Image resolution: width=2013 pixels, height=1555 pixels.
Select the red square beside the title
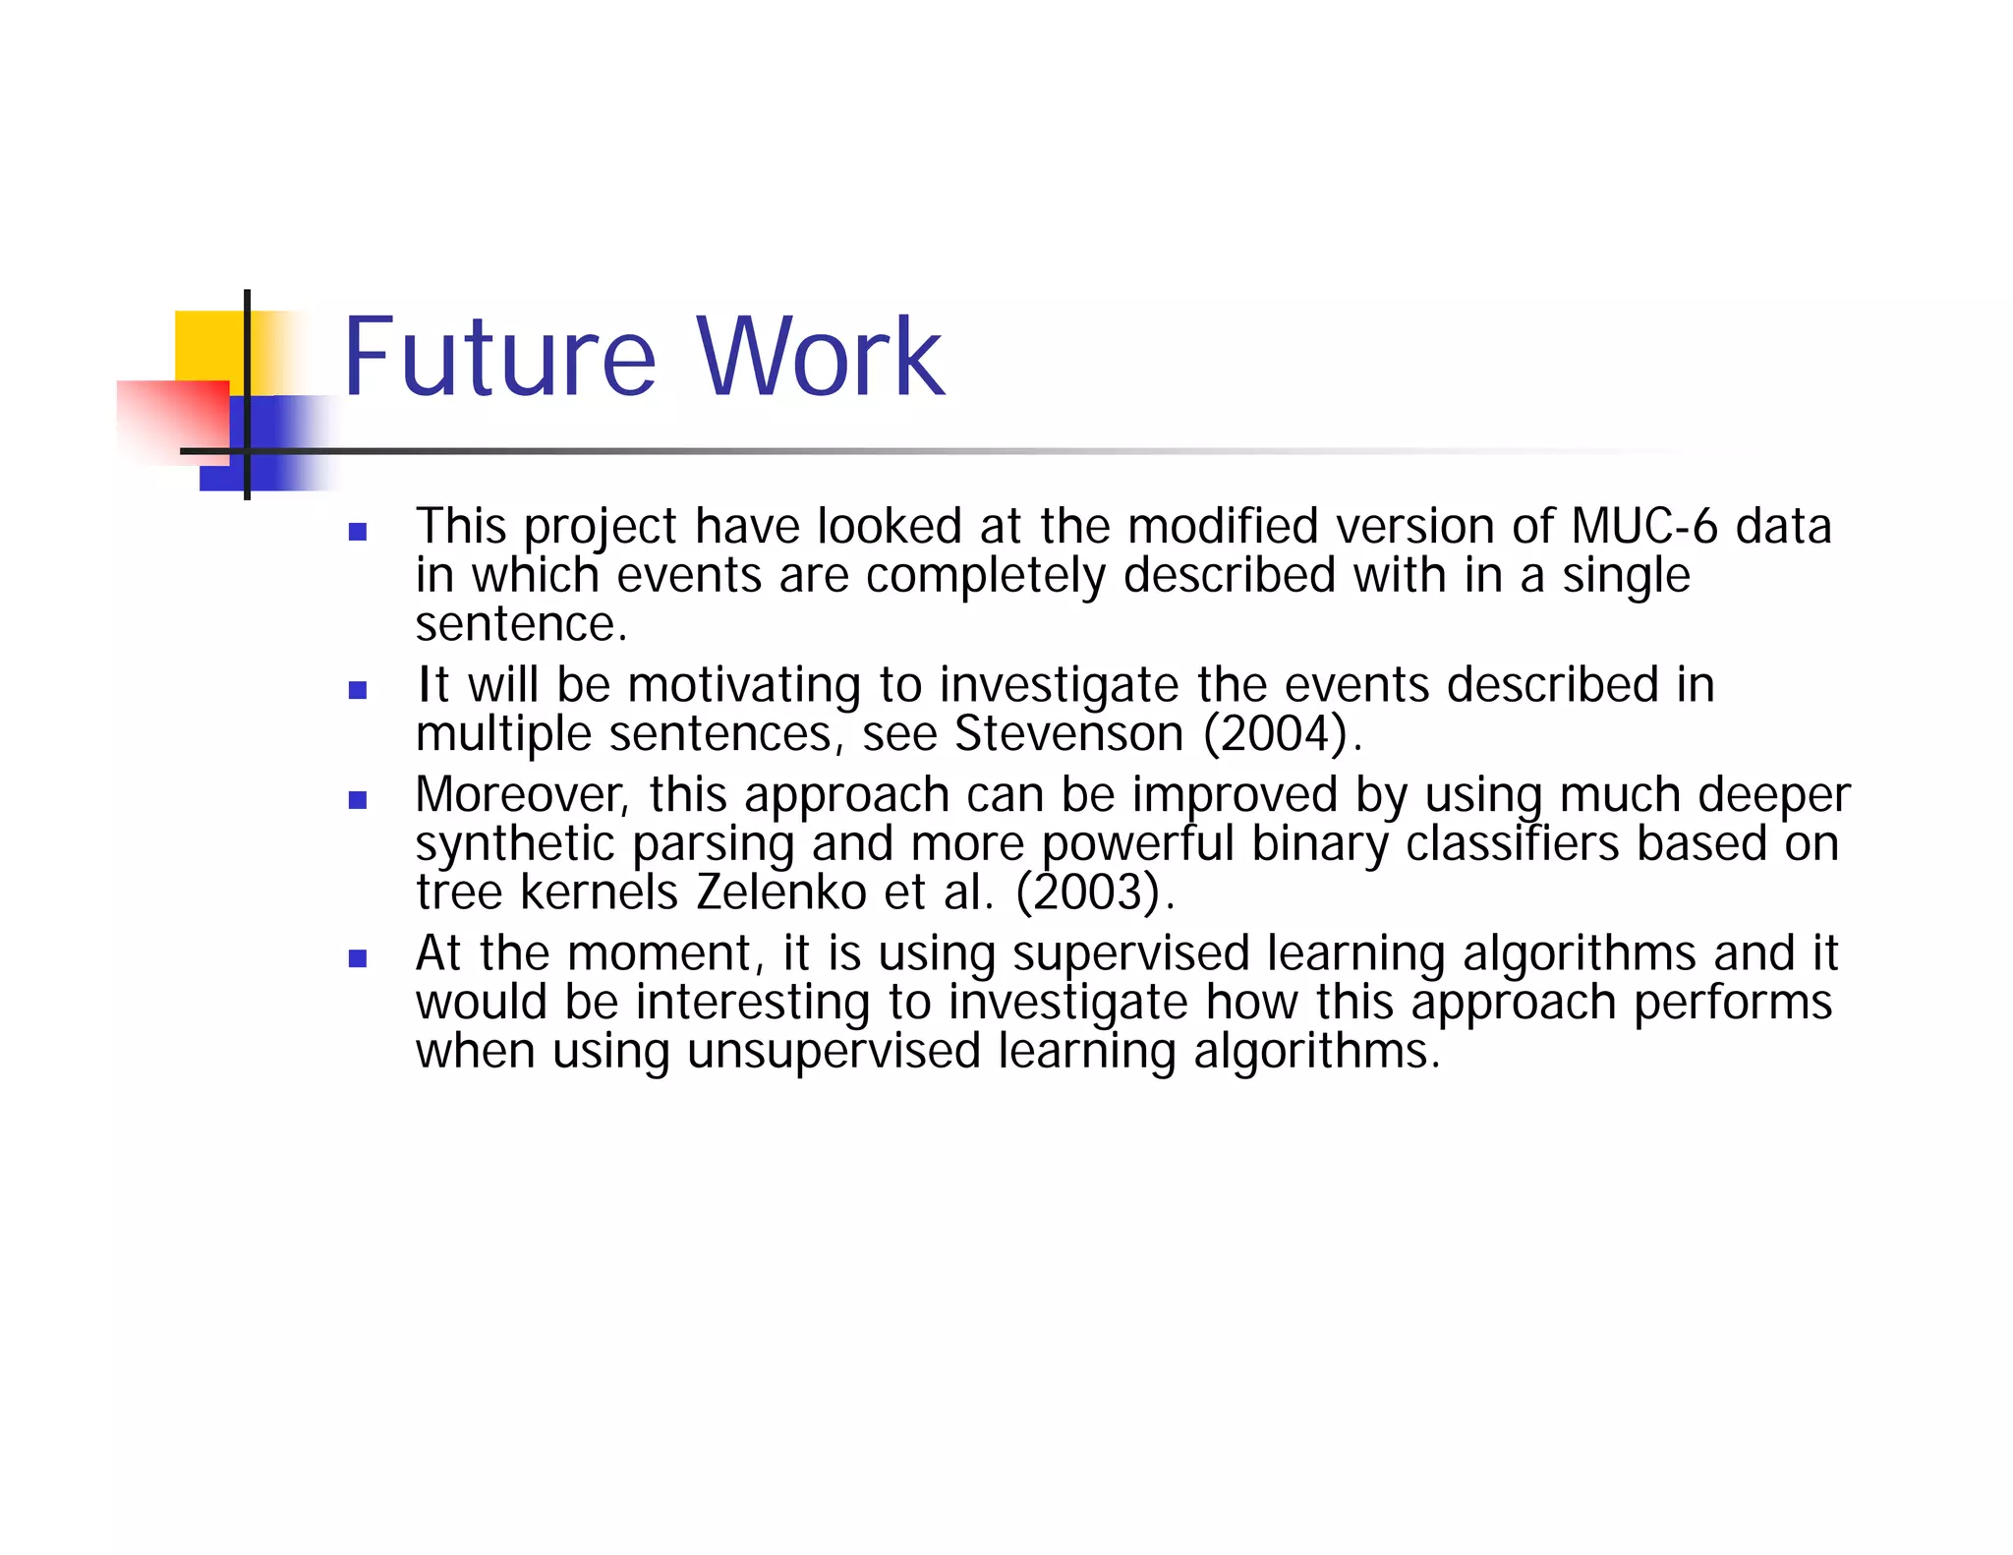172,421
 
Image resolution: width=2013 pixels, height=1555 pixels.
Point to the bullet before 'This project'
358,533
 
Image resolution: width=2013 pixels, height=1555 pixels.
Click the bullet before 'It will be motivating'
358,691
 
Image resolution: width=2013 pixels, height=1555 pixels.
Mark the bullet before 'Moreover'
358,800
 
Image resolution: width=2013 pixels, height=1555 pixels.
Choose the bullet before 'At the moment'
358,958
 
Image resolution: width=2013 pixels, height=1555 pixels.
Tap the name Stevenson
1069,734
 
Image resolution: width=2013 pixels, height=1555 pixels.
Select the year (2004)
1276,734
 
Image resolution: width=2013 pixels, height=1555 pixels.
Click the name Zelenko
780,893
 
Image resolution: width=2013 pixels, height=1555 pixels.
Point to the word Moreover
522,794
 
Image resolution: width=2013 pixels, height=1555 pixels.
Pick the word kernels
599,893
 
